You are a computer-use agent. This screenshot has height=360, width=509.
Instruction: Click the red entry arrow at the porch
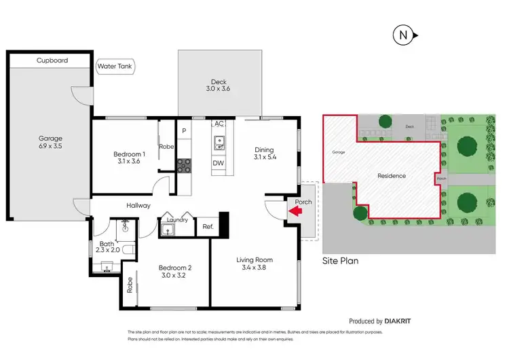point(295,213)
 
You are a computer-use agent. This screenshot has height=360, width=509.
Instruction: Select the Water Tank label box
point(115,67)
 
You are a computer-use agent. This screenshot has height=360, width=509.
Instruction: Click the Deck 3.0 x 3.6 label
point(218,85)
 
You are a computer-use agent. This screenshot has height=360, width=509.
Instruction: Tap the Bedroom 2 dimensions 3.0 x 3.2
point(174,276)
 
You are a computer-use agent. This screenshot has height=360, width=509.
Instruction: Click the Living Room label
point(254,260)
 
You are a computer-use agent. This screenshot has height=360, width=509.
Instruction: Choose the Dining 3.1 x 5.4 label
point(264,154)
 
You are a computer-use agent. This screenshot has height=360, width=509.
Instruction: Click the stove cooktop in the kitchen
point(184,164)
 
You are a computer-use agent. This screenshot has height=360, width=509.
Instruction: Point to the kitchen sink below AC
point(219,143)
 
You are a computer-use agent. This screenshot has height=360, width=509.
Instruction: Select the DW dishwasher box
point(219,164)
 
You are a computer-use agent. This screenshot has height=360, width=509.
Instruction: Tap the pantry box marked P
point(184,130)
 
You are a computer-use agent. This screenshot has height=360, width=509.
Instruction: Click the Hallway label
point(138,206)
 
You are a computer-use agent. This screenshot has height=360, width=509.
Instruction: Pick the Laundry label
point(176,219)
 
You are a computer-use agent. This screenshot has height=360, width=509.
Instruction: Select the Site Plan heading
point(340,261)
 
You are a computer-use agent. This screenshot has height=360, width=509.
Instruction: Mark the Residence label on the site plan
point(392,176)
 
